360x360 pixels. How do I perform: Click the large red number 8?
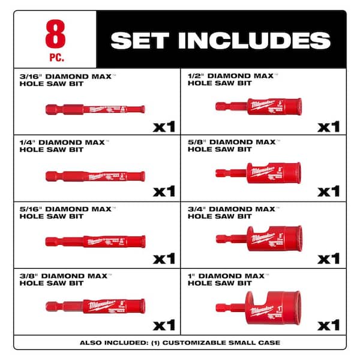coord(55,35)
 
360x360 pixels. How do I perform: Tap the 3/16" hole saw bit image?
coord(95,109)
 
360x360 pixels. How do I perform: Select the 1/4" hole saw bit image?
coord(95,176)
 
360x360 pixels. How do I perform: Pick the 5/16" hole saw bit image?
coord(95,241)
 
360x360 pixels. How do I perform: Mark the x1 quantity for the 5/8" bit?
coord(328,191)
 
